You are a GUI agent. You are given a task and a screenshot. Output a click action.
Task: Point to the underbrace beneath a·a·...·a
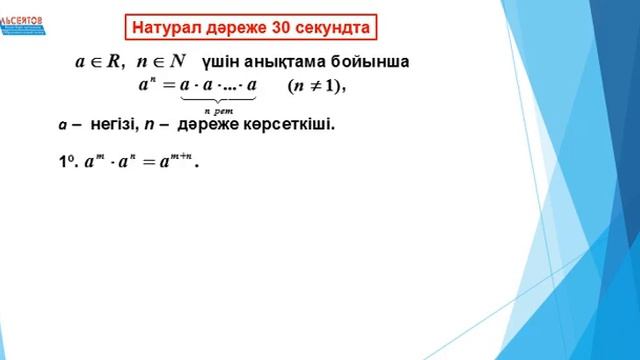(x=218, y=100)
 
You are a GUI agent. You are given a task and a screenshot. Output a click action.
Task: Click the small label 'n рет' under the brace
(x=218, y=110)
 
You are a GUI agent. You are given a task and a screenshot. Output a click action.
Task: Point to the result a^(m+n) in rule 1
(x=176, y=162)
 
